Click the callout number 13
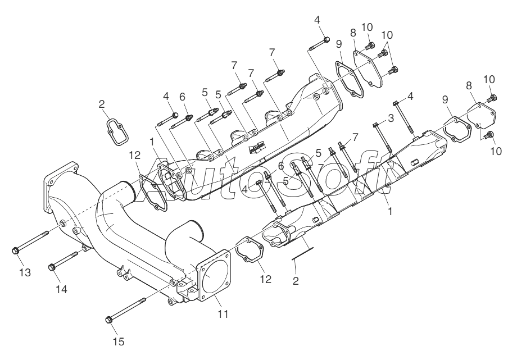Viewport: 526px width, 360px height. click(x=25, y=272)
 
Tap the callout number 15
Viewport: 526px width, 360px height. click(x=119, y=341)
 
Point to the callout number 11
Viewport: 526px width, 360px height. click(x=223, y=314)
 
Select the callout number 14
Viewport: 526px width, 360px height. click(x=62, y=289)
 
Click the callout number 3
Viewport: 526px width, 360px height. click(x=391, y=118)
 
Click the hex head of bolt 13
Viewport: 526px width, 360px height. click(x=15, y=250)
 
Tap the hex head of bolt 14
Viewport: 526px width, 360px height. click(x=52, y=267)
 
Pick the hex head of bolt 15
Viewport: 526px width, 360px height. click(x=108, y=320)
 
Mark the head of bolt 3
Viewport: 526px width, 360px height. click(x=375, y=125)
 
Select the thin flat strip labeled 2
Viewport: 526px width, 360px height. click(x=302, y=253)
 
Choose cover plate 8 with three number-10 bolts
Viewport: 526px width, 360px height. click(x=367, y=69)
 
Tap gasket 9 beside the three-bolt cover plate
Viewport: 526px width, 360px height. click(x=349, y=79)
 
